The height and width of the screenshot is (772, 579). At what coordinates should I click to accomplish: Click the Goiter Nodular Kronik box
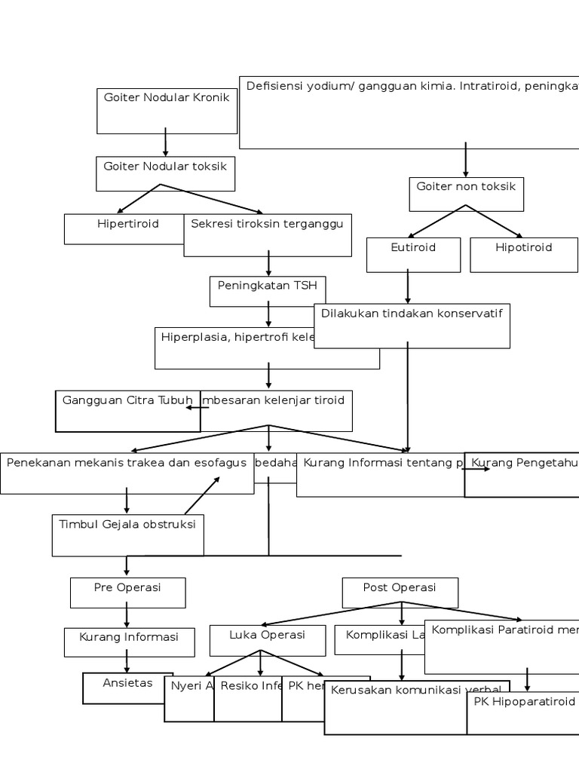click(x=166, y=110)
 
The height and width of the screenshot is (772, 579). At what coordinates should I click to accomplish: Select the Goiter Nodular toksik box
click(x=165, y=173)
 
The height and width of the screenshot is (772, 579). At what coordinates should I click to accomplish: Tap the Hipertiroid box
click(x=125, y=229)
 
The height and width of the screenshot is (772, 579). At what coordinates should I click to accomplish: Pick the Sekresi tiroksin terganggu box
click(x=268, y=235)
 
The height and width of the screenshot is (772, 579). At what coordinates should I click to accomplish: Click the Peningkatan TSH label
click(x=268, y=286)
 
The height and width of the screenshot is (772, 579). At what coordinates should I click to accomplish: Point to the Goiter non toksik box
click(x=466, y=195)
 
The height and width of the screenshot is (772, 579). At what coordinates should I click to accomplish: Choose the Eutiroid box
click(x=413, y=255)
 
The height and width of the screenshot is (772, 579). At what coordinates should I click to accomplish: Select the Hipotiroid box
click(x=523, y=255)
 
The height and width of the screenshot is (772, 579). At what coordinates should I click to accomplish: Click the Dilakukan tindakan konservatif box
click(x=412, y=326)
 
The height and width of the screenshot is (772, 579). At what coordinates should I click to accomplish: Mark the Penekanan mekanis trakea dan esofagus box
click(x=127, y=473)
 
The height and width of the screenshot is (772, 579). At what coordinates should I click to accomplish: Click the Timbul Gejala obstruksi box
click(x=127, y=535)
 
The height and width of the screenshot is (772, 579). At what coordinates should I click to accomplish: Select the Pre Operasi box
click(x=127, y=593)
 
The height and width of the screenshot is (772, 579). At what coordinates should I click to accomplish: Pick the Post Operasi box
click(x=400, y=593)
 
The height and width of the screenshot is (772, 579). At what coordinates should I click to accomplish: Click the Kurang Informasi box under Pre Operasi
click(x=129, y=642)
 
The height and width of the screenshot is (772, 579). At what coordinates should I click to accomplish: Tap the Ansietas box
click(x=127, y=688)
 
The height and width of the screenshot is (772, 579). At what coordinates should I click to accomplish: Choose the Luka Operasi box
click(x=267, y=640)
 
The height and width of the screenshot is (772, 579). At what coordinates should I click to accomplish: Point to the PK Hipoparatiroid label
click(x=524, y=701)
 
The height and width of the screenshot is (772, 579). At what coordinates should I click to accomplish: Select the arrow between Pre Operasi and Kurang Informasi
click(x=127, y=617)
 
